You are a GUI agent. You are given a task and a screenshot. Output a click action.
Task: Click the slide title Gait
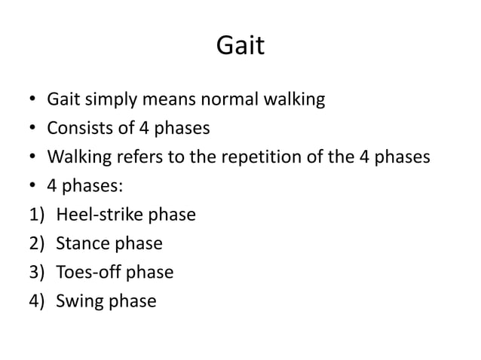[240, 47]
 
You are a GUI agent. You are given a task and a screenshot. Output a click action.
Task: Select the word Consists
[78, 128]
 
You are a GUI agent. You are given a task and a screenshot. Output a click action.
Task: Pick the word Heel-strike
[93, 215]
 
